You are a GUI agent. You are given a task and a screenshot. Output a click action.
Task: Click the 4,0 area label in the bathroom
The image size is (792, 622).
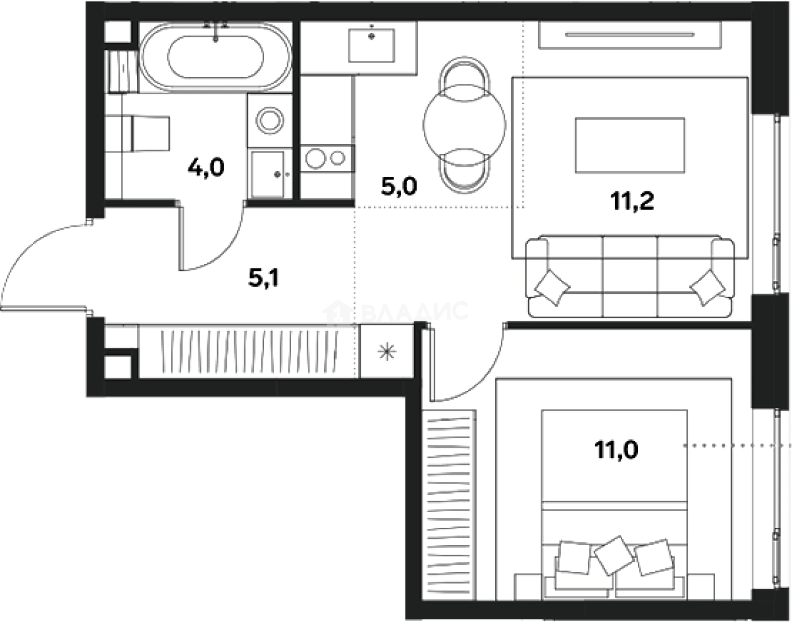(206, 168)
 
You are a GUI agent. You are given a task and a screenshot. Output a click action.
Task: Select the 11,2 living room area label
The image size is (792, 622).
(631, 202)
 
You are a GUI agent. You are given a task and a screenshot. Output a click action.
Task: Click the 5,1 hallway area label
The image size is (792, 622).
(265, 278)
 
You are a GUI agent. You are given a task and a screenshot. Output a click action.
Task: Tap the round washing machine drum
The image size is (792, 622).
(270, 120)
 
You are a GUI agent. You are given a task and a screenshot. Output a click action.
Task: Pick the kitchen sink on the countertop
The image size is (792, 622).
(372, 42)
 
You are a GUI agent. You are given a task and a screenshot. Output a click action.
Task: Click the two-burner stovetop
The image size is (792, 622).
(326, 158)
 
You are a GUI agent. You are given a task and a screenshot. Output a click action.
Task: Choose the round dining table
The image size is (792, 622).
(465, 123)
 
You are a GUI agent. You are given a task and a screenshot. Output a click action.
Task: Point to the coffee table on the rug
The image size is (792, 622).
(630, 146)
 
